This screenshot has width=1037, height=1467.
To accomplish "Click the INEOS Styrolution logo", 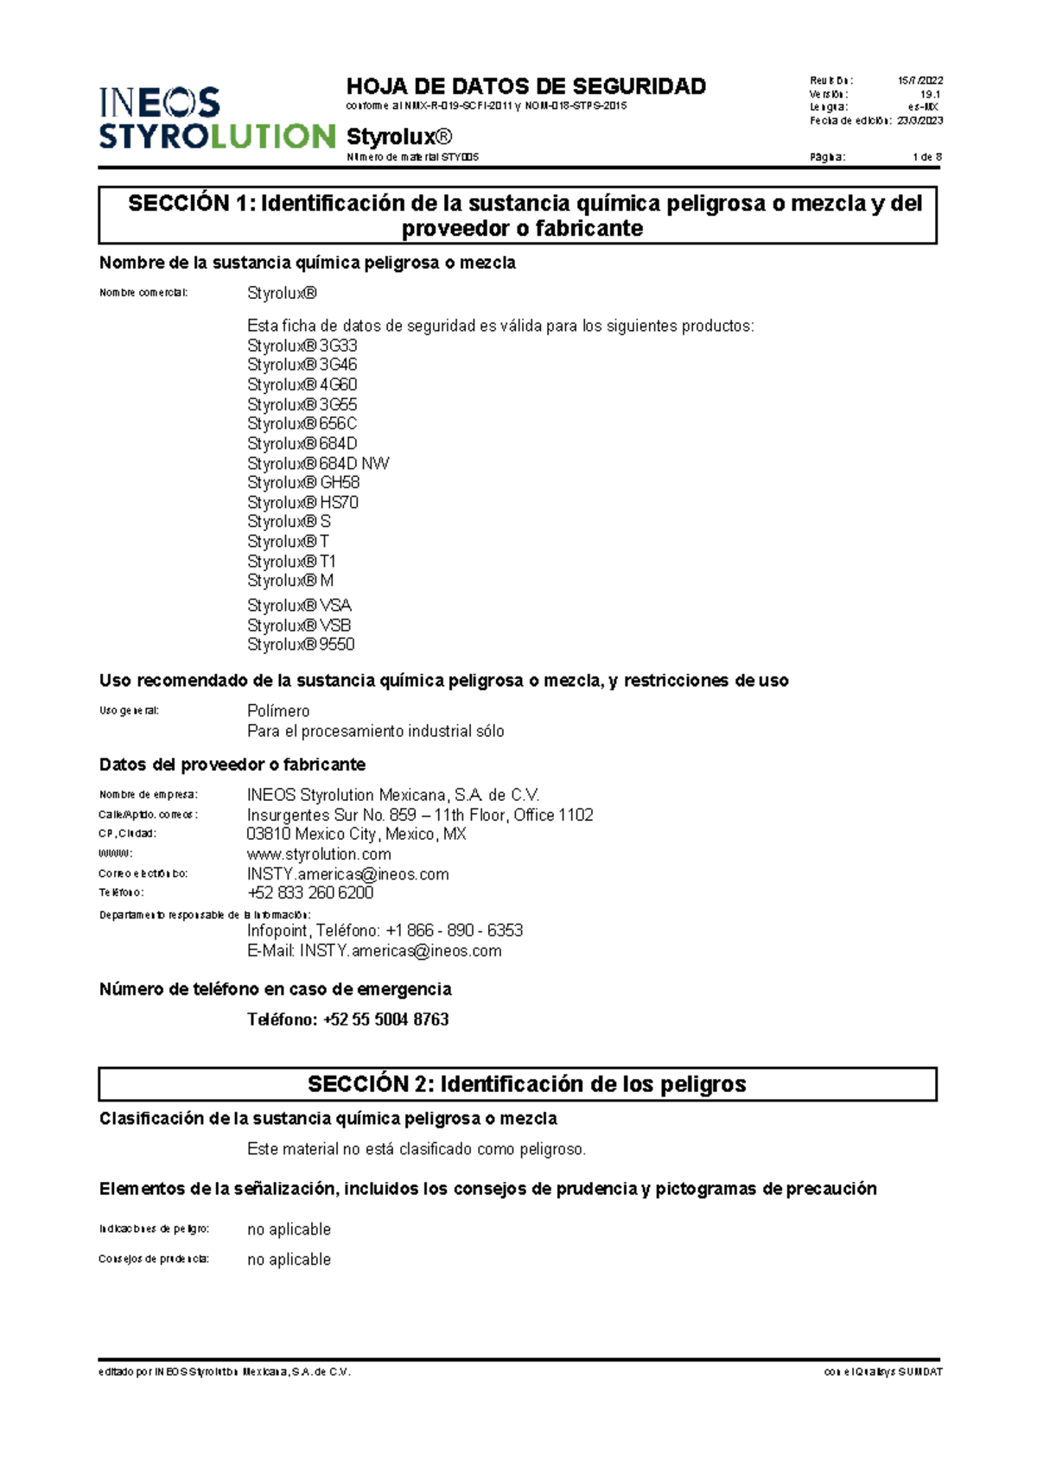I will coord(216,118).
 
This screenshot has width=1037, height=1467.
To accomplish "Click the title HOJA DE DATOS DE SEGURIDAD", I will coord(525,86).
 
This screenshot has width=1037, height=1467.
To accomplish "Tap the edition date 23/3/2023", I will coord(919,121).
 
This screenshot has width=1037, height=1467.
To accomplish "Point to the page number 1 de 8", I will coord(926,157).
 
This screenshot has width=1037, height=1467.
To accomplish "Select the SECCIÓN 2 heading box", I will coord(518,1084).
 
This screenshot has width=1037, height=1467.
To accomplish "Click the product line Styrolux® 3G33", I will coord(302,346).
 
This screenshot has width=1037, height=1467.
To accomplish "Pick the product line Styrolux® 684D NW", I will coord(318,464).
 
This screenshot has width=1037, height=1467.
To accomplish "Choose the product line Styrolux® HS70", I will coord(302,503).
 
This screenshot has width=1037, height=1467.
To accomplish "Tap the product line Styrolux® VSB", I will coord(299,626).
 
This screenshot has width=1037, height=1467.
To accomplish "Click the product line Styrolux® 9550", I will coord(301,645).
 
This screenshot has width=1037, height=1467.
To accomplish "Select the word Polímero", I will coord(278,711).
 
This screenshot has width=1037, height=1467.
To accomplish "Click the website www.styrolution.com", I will coord(319,854).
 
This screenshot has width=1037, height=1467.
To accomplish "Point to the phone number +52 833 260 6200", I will coord(310,892).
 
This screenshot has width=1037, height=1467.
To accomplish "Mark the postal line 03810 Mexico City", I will coord(356,835).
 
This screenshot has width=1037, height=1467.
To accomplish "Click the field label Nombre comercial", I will coord(143,293).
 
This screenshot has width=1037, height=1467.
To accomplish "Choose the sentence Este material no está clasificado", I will coord(417,1149).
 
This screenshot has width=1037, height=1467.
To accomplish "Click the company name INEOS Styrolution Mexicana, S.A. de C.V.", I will coord(393,795).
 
